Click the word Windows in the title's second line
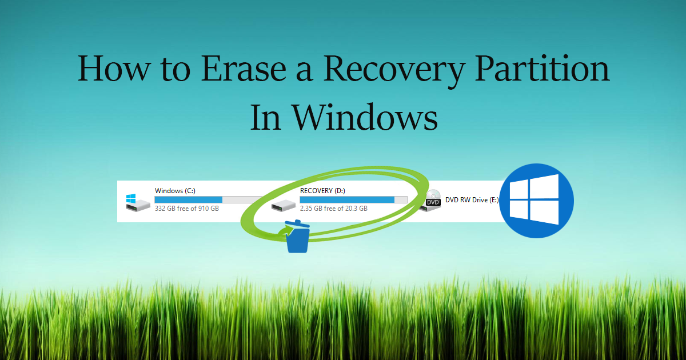pyautogui.click(x=365, y=117)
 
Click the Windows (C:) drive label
pyautogui.click(x=175, y=191)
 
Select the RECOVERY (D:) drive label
pyautogui.click(x=322, y=191)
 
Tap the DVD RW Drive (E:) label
pyautogui.click(x=472, y=200)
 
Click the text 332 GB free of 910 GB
pyautogui.click(x=187, y=209)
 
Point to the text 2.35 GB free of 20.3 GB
pyautogui.click(x=333, y=209)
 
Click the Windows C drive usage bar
pyautogui.click(x=208, y=200)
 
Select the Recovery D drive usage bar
pyautogui.click(x=353, y=200)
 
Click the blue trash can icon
pyautogui.click(x=297, y=237)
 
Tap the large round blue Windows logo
pyautogui.click(x=537, y=201)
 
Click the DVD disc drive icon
pyautogui.click(x=430, y=201)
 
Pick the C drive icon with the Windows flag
pyautogui.click(x=138, y=203)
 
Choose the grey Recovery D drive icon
pyautogui.click(x=284, y=205)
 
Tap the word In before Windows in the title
pyautogui.click(x=265, y=117)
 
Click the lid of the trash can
pyautogui.click(x=297, y=224)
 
